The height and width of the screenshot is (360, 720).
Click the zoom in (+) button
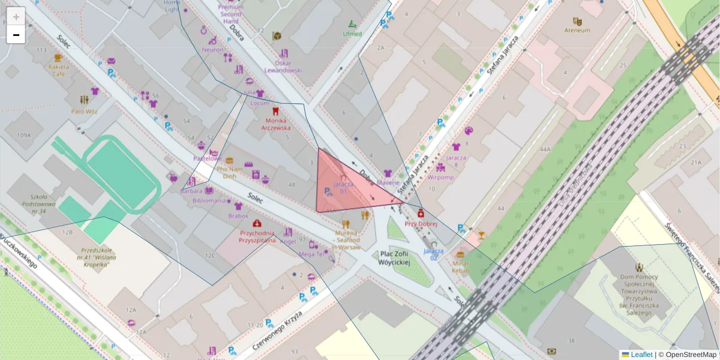pos(16,16)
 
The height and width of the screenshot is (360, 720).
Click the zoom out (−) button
pos(16,35)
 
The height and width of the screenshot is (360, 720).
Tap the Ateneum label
pos(577,30)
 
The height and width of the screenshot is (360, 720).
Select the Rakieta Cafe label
pos(58,70)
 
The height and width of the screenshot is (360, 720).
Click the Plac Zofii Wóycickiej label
pos(394,258)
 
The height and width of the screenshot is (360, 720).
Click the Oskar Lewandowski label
pos(283,66)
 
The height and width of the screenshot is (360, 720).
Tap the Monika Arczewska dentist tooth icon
pos(275,111)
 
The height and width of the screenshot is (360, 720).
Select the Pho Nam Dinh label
pos(229,173)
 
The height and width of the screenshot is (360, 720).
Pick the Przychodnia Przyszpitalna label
pos(257,236)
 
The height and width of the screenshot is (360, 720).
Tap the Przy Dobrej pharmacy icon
pos(421,214)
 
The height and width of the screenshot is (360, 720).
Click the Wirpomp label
pos(440,178)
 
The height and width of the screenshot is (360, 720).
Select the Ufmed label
pos(352,34)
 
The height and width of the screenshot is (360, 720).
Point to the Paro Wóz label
pos(85,111)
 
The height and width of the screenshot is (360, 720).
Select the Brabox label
pos(238,215)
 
